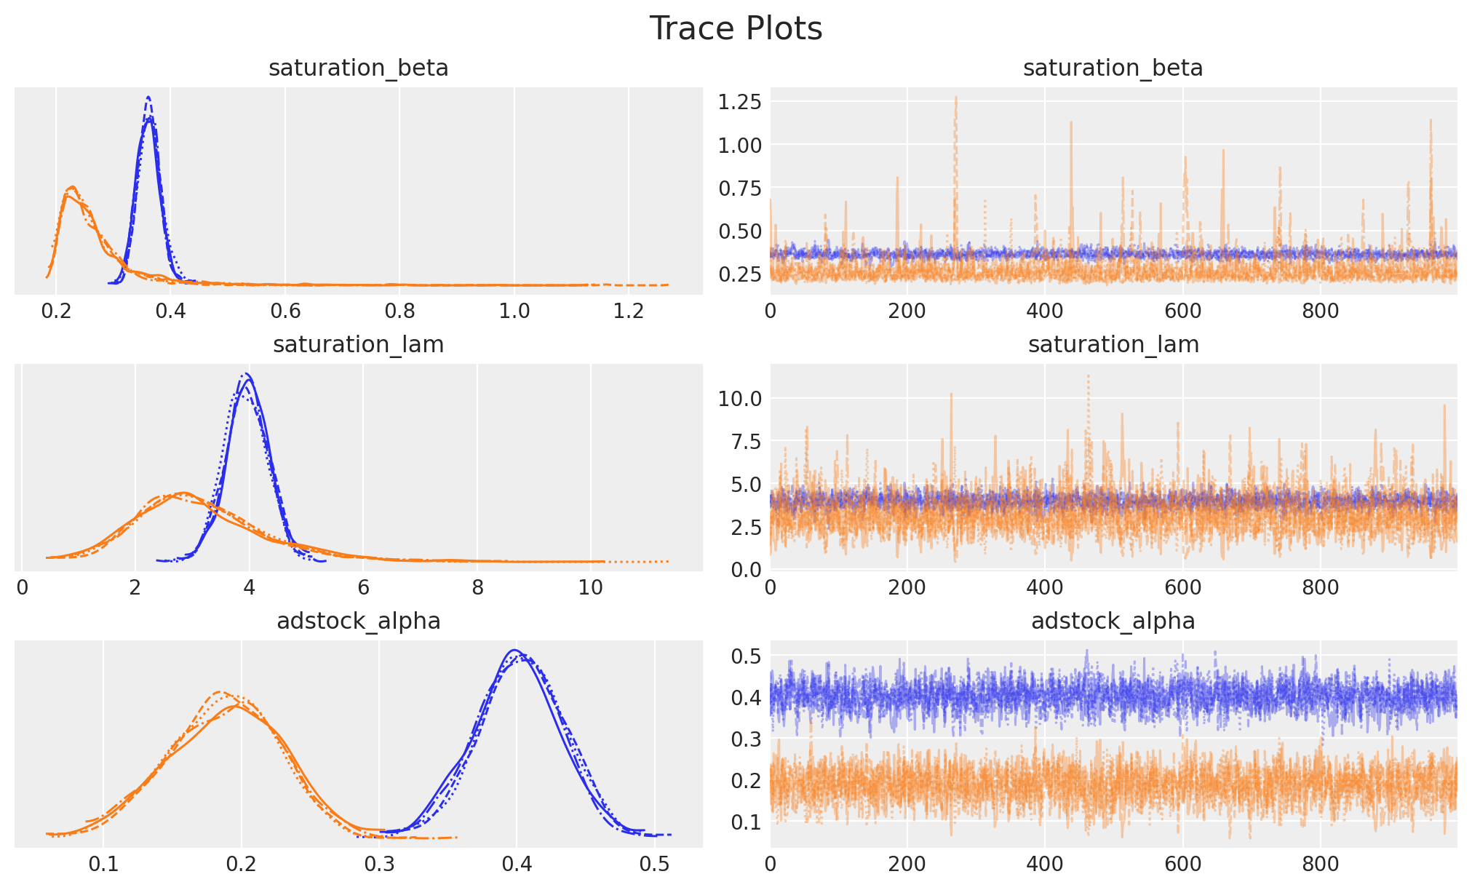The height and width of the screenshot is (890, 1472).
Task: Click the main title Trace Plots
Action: click(x=735, y=29)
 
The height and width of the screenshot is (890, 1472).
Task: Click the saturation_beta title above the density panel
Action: click(x=358, y=68)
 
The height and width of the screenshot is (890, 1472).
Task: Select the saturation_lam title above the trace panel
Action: click(x=1113, y=345)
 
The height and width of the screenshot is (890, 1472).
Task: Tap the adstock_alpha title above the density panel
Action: click(x=358, y=621)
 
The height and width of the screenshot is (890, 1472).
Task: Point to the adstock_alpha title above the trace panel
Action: click(x=1113, y=621)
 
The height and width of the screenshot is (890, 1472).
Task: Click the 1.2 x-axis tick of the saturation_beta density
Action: click(x=629, y=311)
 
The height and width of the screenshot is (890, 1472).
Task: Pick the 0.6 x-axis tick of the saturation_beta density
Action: click(x=285, y=311)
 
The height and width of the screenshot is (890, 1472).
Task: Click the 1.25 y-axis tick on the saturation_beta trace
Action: click(x=740, y=102)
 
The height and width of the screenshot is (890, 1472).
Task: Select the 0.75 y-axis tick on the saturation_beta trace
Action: click(x=740, y=188)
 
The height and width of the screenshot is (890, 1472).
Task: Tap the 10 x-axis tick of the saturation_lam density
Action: click(x=590, y=588)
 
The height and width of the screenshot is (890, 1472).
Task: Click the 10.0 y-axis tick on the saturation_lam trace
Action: click(x=740, y=399)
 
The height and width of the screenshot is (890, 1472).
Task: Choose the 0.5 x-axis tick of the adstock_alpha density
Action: click(x=654, y=865)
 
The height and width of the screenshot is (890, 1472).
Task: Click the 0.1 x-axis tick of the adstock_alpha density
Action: click(x=103, y=865)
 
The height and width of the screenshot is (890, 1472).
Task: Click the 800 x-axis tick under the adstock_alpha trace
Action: click(x=1320, y=865)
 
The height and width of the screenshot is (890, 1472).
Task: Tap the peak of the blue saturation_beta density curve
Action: click(x=148, y=97)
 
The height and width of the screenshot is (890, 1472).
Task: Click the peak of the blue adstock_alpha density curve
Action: click(x=514, y=651)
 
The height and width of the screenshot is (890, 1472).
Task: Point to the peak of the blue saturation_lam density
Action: click(x=247, y=374)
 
